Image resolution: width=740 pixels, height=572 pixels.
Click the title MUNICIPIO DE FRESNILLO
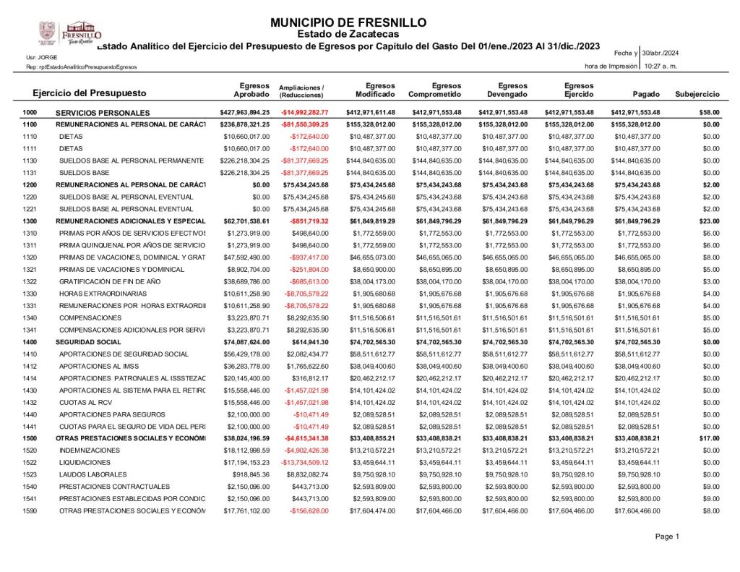348,22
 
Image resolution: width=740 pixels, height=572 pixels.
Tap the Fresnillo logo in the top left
71,32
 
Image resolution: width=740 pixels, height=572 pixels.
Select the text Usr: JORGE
41,56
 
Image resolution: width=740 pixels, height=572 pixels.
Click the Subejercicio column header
697,94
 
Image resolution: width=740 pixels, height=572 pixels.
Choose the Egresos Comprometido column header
435,90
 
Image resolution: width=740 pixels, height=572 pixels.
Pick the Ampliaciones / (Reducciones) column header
301,90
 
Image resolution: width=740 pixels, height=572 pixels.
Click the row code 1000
30,113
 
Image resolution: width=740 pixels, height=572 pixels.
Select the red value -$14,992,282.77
305,113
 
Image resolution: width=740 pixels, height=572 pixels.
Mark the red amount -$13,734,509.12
304,462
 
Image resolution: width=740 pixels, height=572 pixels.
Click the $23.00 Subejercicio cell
709,221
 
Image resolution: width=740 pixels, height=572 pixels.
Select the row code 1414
30,378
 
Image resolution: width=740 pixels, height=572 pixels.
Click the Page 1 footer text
667,537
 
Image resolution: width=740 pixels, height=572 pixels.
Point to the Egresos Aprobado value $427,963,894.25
244,113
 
